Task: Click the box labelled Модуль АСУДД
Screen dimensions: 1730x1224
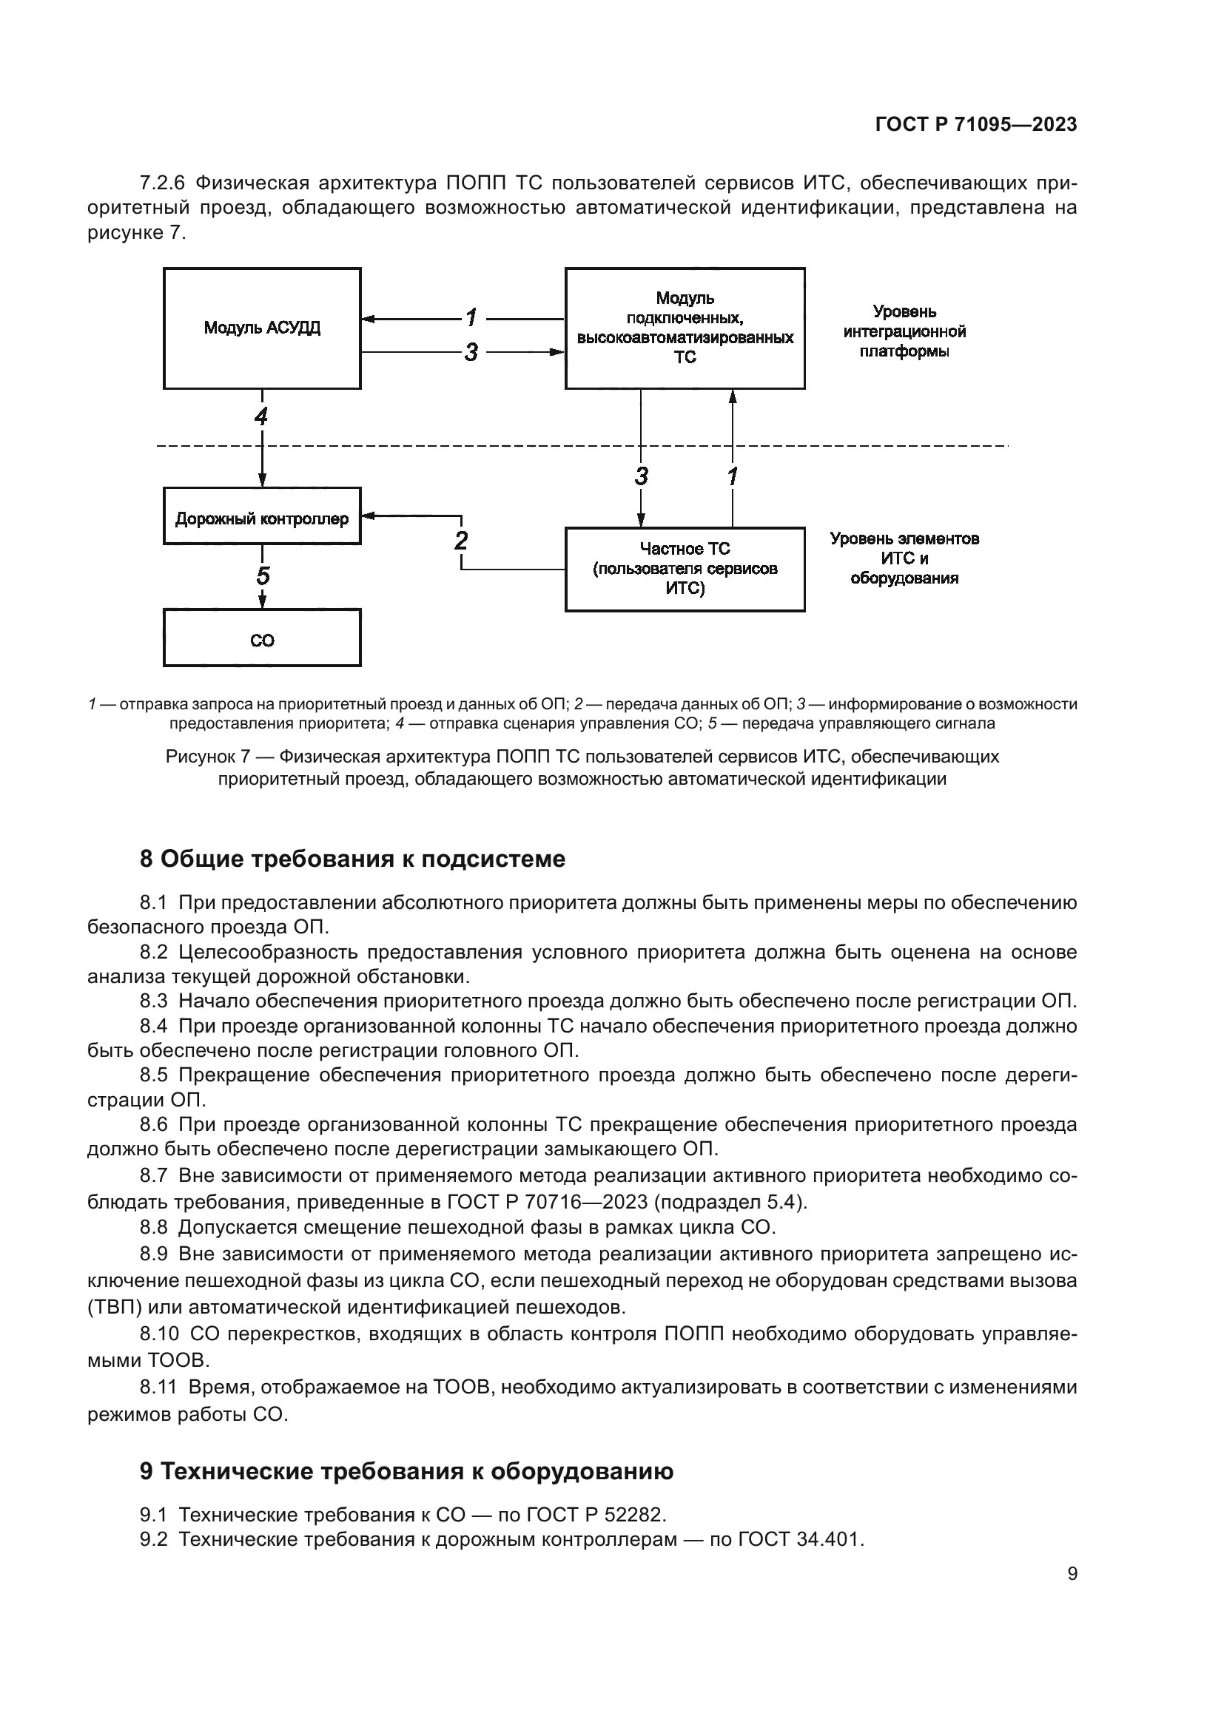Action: (261, 328)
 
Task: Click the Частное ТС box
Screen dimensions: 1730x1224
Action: (685, 569)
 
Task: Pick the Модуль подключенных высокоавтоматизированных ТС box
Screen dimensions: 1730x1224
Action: (685, 328)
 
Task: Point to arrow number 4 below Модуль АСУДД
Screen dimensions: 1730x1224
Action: (261, 416)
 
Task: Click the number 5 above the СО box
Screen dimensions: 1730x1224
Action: (262, 576)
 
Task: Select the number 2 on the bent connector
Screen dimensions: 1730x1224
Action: (461, 540)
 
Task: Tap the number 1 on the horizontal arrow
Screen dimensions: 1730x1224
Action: (471, 318)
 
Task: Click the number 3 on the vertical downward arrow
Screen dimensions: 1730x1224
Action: (641, 476)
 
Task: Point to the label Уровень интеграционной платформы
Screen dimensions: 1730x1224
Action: (904, 331)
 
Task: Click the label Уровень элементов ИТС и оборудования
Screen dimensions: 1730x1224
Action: (904, 558)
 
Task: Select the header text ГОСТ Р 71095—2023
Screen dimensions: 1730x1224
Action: (976, 125)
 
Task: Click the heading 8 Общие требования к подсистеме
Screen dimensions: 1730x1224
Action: (352, 859)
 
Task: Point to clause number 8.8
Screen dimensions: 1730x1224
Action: (153, 1228)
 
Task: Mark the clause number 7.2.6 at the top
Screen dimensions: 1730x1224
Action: (162, 183)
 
